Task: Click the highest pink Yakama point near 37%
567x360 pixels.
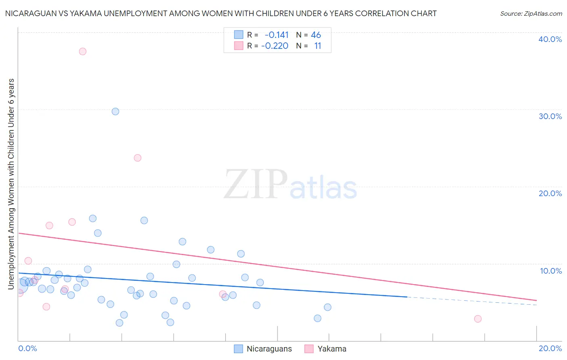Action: [83, 51]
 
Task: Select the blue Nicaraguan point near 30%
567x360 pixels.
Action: [115, 111]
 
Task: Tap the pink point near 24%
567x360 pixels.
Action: [138, 158]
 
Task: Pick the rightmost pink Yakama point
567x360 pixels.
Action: [478, 319]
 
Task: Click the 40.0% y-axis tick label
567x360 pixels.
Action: [550, 39]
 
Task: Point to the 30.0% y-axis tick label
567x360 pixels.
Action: [550, 116]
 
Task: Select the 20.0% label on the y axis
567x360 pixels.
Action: [550, 193]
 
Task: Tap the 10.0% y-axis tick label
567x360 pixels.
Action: [551, 271]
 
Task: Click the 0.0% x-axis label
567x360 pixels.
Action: [27, 348]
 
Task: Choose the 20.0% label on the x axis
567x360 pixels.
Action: [550, 348]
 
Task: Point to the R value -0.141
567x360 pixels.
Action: [277, 35]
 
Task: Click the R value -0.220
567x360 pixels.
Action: [275, 46]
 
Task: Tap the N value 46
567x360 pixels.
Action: [316, 35]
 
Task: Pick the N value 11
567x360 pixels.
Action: [318, 46]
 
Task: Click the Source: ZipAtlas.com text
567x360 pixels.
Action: [531, 14]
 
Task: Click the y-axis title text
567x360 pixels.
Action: [11, 184]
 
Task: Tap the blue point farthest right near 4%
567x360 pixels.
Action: [327, 307]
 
